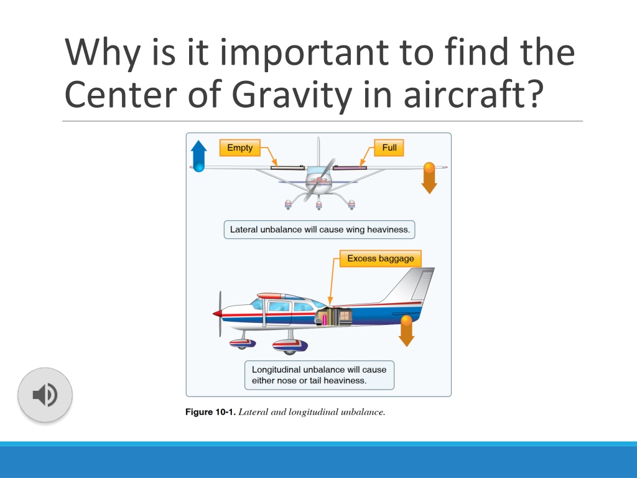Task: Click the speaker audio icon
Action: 45,395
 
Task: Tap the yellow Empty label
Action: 239,148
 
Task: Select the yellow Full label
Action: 389,148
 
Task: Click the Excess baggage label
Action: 380,258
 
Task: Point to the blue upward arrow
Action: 198,156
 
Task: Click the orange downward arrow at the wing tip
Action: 429,178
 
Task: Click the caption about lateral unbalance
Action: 320,230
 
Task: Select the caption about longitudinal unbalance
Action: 319,375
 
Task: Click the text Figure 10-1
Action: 210,412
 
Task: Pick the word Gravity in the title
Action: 292,95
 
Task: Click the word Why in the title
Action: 103,52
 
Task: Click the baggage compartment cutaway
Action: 334,317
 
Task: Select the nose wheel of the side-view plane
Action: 242,344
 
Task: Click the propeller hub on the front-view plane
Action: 319,180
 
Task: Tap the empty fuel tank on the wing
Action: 287,167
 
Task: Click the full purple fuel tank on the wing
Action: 350,167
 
